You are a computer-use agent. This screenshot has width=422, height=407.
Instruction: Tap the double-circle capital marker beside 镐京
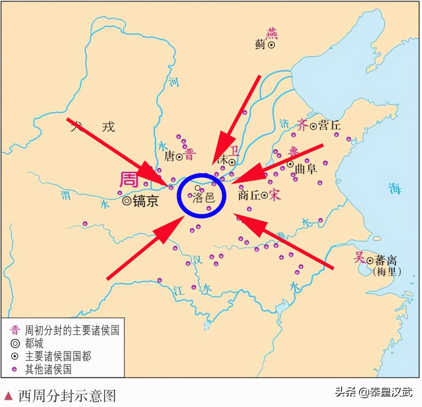pos(127,201)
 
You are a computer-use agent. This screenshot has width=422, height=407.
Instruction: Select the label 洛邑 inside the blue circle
pos(204,197)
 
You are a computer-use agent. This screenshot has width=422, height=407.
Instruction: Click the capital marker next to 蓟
pos(272,44)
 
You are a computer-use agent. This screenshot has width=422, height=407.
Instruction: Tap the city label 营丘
pos(330,126)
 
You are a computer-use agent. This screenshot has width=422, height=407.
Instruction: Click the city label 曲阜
pos(306,169)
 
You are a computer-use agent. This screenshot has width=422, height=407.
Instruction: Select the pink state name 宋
pos(275,195)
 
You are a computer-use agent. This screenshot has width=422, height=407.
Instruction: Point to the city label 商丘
pos(249,195)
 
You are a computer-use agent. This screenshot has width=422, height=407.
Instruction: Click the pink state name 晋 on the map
pos(190,155)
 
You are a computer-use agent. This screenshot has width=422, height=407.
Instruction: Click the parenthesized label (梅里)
pos(387,272)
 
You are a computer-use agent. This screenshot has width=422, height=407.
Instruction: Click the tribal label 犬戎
pos(93,126)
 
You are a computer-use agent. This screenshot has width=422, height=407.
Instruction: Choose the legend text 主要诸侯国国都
pos(58,356)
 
